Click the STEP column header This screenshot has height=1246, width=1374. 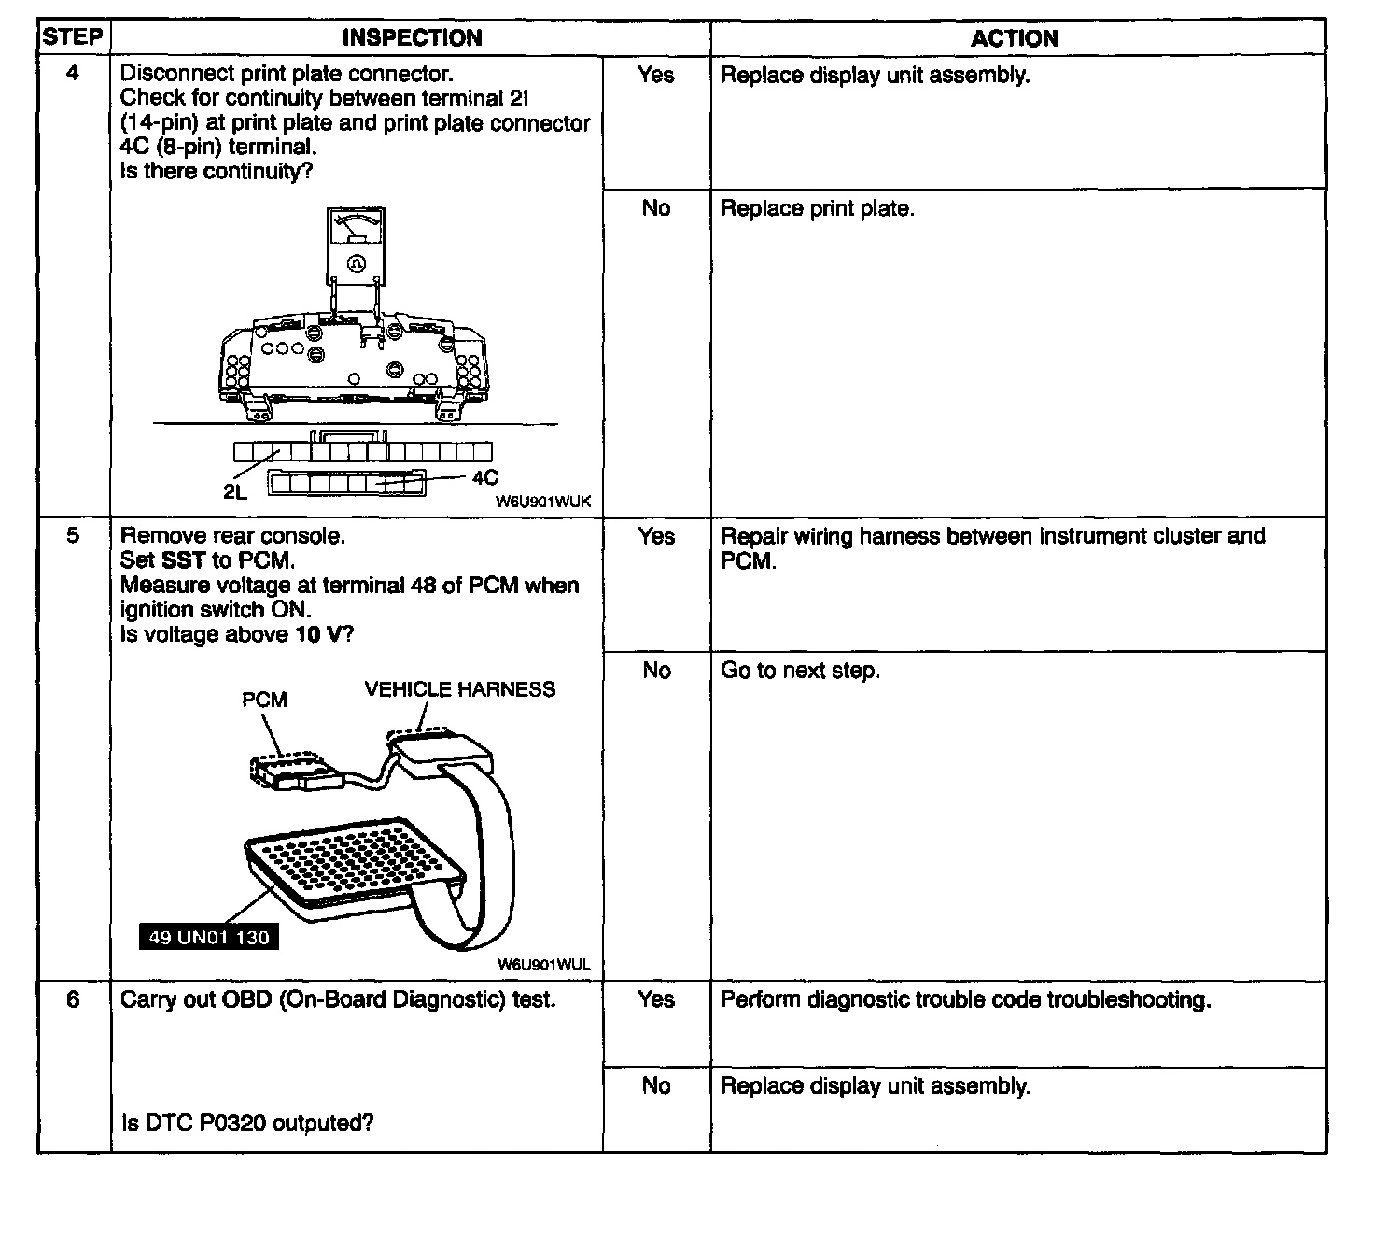coord(73,37)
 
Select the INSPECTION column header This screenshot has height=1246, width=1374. coord(412,38)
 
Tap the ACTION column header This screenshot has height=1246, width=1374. coord(1015,38)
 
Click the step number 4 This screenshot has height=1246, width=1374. coord(73,73)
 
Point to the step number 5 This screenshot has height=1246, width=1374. coord(73,535)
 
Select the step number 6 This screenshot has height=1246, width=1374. coord(73,999)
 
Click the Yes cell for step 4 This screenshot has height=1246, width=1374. coord(655,75)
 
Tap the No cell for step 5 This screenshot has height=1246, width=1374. coord(656,671)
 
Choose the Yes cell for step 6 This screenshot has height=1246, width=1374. coord(655,999)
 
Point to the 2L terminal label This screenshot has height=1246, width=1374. coord(235,492)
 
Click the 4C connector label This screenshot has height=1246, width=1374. coord(484,478)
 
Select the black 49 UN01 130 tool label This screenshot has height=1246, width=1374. coord(208,938)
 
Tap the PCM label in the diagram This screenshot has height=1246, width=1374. coord(264,700)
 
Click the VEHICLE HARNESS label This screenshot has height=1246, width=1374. coord(459,689)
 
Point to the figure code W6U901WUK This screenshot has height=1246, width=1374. coord(543,502)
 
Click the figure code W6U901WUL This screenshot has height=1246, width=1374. coord(543,965)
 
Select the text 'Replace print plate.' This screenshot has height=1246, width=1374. coord(817,208)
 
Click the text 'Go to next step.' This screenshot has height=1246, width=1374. coord(800,671)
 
